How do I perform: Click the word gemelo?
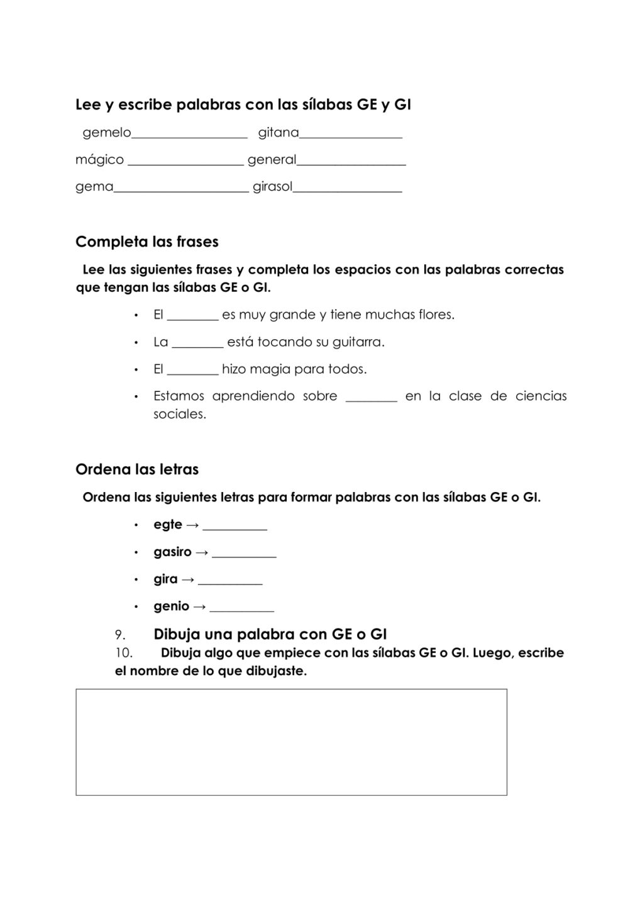tap(107, 133)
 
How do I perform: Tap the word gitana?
tap(279, 133)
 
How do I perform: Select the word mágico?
tap(99, 160)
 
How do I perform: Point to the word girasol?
tap(272, 187)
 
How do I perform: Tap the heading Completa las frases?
tap(147, 242)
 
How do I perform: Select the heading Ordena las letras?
tap(137, 469)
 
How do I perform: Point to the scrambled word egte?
tap(167, 525)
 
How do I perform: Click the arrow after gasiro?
tap(201, 552)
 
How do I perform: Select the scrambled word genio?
tap(171, 607)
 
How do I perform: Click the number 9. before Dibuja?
tap(121, 634)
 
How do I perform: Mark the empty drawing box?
tap(291, 742)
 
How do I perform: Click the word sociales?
tap(179, 415)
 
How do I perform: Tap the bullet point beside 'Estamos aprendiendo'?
tap(136, 396)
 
